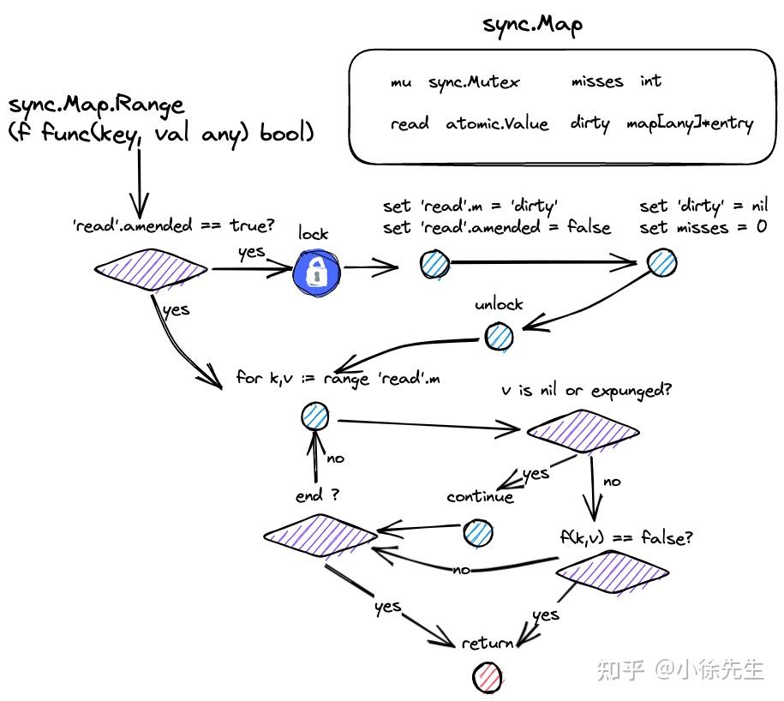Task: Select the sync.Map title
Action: click(x=532, y=23)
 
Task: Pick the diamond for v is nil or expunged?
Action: click(x=583, y=431)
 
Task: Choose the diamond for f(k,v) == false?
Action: click(x=613, y=570)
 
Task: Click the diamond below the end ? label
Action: click(x=320, y=536)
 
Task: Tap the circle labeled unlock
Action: click(x=500, y=336)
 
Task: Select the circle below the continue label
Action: click(x=478, y=533)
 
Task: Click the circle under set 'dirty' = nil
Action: click(x=661, y=264)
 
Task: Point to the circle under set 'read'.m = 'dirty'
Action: click(x=434, y=265)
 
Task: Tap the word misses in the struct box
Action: click(x=596, y=81)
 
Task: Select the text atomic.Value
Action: click(x=497, y=123)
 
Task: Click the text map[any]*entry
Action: click(x=689, y=123)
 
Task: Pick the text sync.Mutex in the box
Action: click(x=473, y=81)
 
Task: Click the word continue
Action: click(x=480, y=496)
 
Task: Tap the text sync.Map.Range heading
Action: click(x=96, y=105)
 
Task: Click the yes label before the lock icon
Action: click(x=251, y=251)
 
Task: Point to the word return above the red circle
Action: click(x=487, y=643)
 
